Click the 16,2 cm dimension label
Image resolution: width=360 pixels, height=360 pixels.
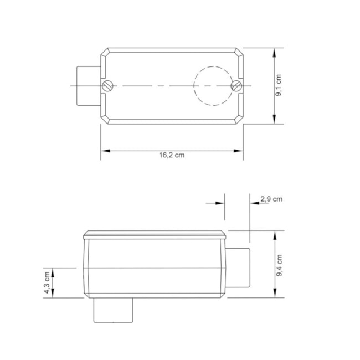point(172,155)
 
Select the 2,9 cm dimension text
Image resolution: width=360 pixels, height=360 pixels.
point(271,199)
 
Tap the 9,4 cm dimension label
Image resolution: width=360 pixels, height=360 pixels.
point(280,264)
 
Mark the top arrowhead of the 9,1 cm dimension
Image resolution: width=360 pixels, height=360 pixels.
point(275,52)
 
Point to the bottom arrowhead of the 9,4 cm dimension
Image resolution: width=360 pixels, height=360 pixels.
point(275,294)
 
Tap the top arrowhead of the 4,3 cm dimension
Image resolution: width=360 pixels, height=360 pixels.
point(53,271)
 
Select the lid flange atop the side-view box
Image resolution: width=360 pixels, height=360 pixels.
point(155,235)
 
